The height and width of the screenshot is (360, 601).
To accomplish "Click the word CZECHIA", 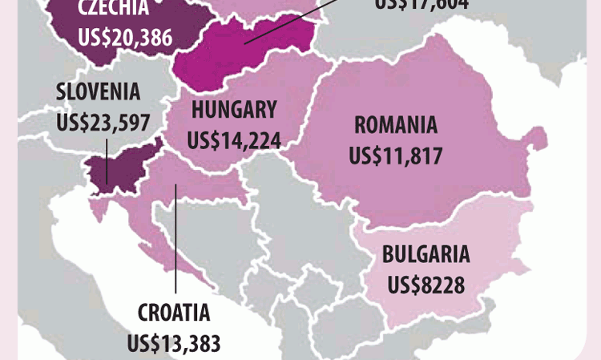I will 115,10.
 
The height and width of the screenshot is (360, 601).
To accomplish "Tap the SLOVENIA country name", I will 98,92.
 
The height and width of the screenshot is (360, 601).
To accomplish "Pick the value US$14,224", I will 233,140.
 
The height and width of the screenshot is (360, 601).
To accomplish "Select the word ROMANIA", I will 396,126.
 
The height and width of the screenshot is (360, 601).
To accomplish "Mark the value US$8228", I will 426,284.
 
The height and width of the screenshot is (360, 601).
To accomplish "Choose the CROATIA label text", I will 174,313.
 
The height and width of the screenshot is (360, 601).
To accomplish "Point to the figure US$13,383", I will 174,342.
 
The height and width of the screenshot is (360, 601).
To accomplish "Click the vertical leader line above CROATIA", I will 175,241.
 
